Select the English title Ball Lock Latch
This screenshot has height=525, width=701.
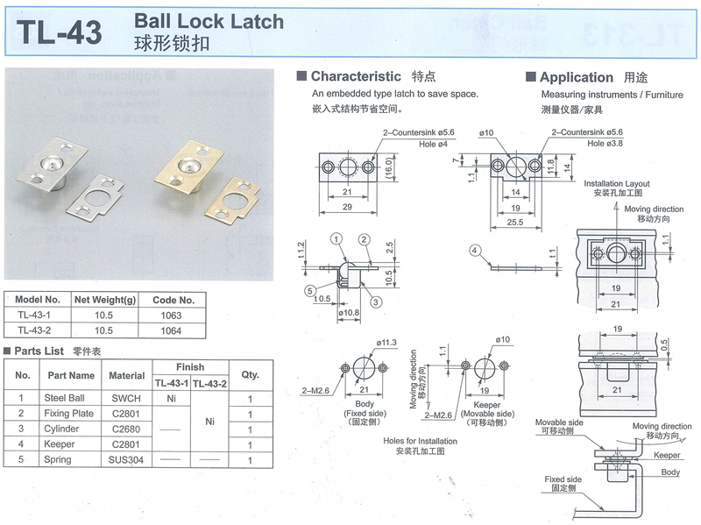(209, 21)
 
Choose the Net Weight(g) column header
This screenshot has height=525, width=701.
(106, 299)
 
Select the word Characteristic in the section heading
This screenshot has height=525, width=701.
(356, 76)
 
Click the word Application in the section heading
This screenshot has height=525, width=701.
(577, 77)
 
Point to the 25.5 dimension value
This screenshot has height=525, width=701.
(513, 223)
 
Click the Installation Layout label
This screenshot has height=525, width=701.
(617, 183)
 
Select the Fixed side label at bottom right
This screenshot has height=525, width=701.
(563, 479)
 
